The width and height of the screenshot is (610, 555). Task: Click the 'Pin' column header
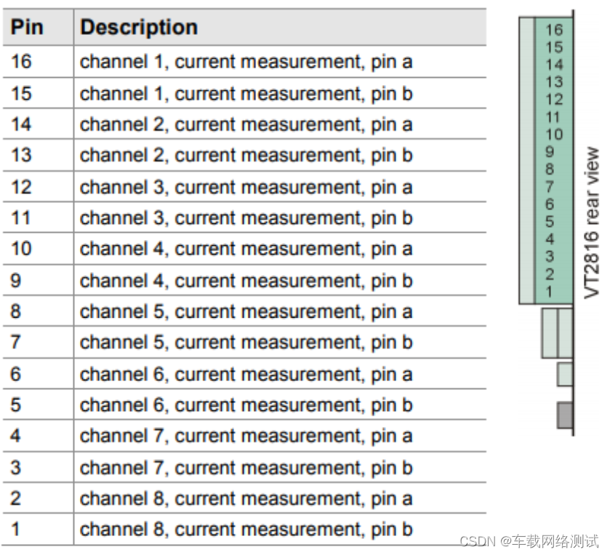(26, 27)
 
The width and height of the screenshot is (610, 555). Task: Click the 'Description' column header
(139, 27)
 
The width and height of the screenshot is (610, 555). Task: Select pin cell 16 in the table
(21, 62)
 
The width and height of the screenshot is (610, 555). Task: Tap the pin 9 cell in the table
(15, 281)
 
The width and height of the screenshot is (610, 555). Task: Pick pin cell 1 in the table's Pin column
(15, 530)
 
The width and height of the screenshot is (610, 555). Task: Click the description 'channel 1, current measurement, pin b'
(246, 94)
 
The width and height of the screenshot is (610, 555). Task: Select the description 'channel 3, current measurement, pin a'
(246, 187)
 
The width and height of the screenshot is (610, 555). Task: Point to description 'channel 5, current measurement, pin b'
(246, 343)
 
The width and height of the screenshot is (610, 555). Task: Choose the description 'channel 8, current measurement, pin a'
(246, 498)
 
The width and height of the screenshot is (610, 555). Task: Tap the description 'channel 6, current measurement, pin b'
(246, 405)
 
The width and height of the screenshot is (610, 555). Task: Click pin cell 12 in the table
(21, 187)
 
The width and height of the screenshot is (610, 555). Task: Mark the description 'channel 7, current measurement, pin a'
(246, 436)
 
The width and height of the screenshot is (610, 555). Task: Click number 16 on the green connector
(554, 30)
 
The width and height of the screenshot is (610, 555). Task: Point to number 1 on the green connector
(549, 292)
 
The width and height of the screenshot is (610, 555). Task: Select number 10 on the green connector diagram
(554, 135)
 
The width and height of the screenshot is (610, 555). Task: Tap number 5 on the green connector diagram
(550, 222)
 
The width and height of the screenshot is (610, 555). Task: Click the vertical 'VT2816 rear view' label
(591, 223)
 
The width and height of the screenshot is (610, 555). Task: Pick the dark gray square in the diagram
(565, 415)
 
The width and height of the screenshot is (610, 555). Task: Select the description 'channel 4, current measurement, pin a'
(246, 249)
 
